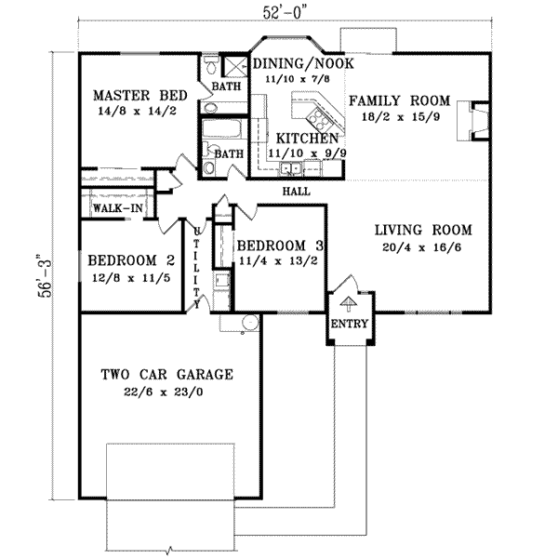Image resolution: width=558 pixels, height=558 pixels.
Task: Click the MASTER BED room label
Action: (140, 95)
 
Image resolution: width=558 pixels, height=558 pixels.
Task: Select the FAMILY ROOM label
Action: (399, 100)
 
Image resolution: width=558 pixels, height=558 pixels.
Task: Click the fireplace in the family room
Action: (474, 119)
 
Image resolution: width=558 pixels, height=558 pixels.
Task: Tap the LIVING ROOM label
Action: (423, 230)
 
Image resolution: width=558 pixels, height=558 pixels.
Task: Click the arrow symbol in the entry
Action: (349, 300)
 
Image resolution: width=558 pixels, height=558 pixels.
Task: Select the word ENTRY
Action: (350, 325)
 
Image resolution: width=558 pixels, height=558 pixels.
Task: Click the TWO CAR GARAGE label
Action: (166, 375)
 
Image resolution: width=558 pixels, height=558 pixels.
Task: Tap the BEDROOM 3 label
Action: (280, 245)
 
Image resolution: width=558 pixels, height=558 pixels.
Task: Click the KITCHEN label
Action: (294, 137)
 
